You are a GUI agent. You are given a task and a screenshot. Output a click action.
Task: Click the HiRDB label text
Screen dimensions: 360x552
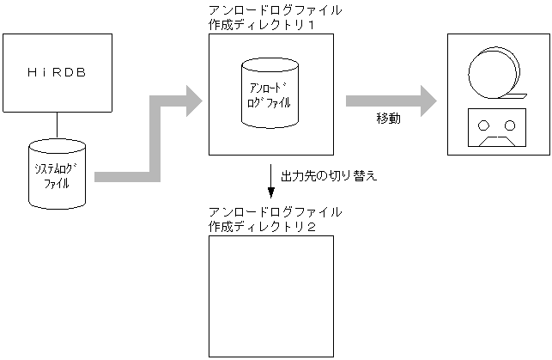58,73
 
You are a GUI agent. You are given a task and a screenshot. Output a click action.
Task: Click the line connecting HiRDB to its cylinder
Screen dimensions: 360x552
58,125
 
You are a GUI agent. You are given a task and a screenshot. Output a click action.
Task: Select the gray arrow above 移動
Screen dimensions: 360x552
386,101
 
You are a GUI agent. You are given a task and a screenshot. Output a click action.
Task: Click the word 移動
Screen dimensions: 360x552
388,119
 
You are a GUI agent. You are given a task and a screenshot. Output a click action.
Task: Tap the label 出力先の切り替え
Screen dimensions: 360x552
330,177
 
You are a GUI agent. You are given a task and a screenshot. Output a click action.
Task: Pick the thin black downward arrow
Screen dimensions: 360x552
271,180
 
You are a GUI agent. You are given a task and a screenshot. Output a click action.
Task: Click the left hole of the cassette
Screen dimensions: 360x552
485,125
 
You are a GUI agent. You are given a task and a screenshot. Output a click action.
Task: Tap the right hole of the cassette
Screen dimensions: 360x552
510,125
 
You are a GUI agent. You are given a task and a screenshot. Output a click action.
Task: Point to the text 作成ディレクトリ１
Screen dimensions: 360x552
263,26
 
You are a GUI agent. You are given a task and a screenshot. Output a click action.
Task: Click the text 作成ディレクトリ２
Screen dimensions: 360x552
263,226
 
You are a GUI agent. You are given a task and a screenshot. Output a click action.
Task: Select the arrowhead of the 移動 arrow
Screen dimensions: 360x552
424,101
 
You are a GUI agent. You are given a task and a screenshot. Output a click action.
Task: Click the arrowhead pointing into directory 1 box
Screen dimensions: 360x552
191,101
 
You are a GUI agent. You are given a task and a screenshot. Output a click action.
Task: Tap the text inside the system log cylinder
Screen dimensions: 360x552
58,176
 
